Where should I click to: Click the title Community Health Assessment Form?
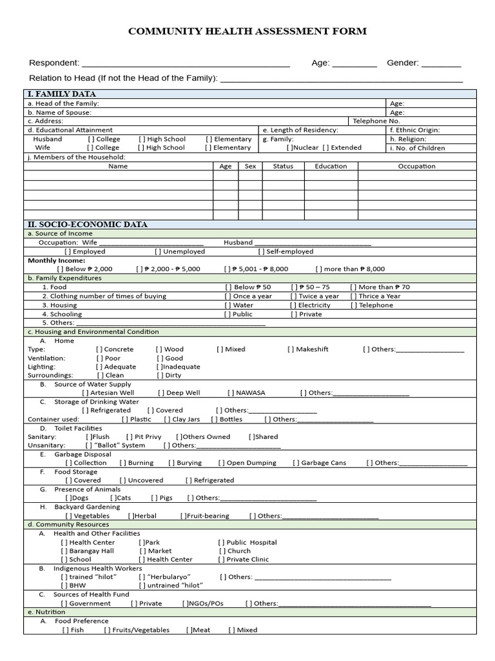pyautogui.click(x=247, y=31)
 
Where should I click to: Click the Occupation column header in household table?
pyautogui.click(x=416, y=166)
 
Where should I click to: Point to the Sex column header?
pyautogui.click(x=250, y=166)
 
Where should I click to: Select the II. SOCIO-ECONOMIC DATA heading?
pyautogui.click(x=88, y=225)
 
